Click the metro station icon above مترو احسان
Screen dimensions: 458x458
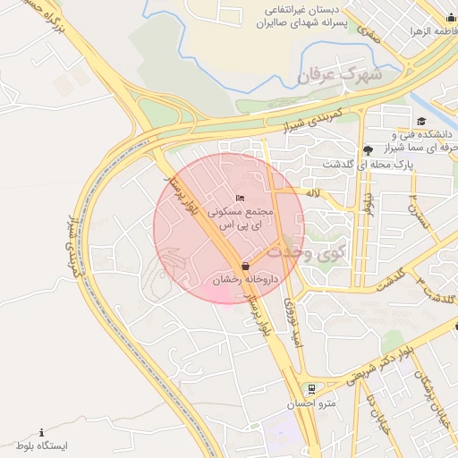(x=311, y=390)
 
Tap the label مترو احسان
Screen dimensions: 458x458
(x=317, y=404)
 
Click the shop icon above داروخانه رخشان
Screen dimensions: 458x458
(x=245, y=266)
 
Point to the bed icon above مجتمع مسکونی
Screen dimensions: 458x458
(x=239, y=198)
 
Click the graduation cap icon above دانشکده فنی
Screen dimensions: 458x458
(x=421, y=122)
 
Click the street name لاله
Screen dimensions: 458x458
(x=312, y=193)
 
